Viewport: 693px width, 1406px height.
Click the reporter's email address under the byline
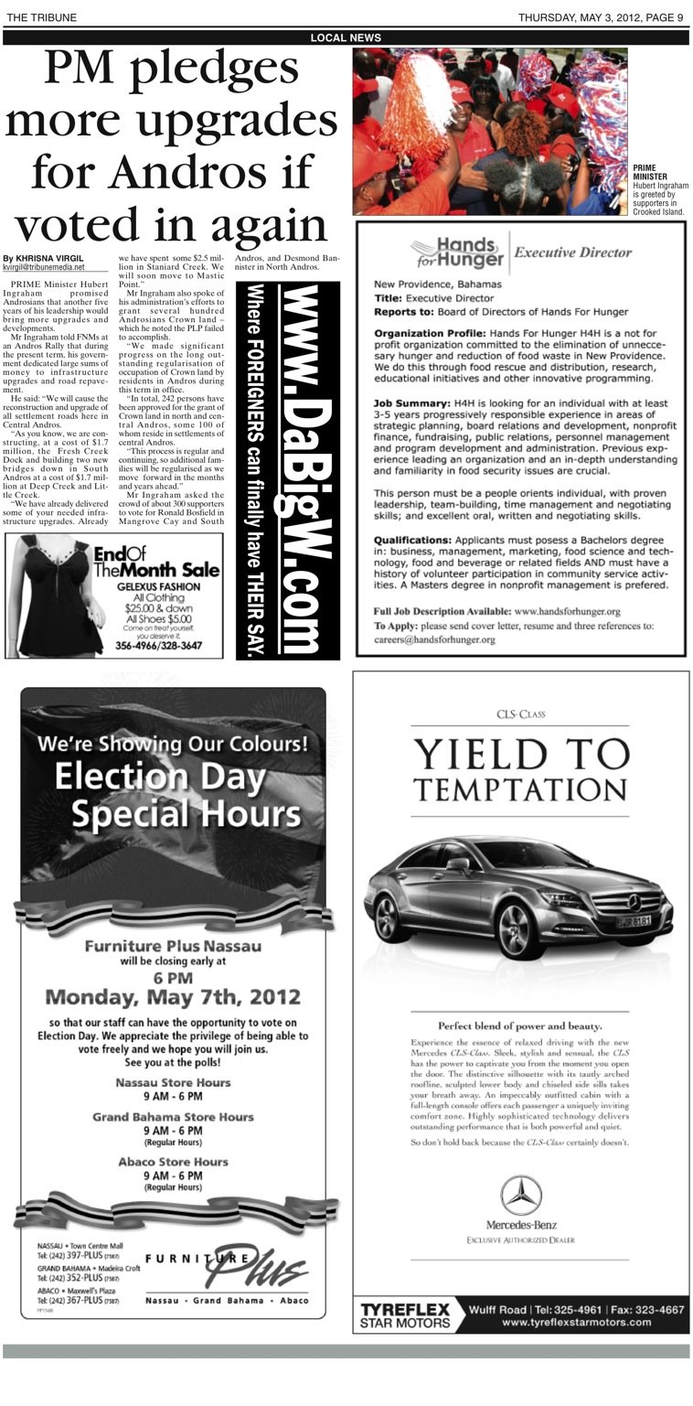(44, 268)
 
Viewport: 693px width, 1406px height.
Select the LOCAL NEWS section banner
(346, 38)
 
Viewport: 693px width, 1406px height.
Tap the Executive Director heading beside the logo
(572, 252)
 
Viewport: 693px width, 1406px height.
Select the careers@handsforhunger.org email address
(434, 639)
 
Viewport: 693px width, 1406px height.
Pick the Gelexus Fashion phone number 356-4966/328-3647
(160, 645)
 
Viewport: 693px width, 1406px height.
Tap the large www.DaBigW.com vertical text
(301, 469)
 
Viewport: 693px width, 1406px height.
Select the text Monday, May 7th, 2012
(173, 996)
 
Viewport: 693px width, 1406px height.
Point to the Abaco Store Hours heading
(173, 1162)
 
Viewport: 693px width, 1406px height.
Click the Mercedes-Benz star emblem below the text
(521, 1195)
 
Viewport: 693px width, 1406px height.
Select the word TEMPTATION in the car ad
(521, 789)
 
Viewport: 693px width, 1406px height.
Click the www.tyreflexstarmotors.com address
(576, 1322)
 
